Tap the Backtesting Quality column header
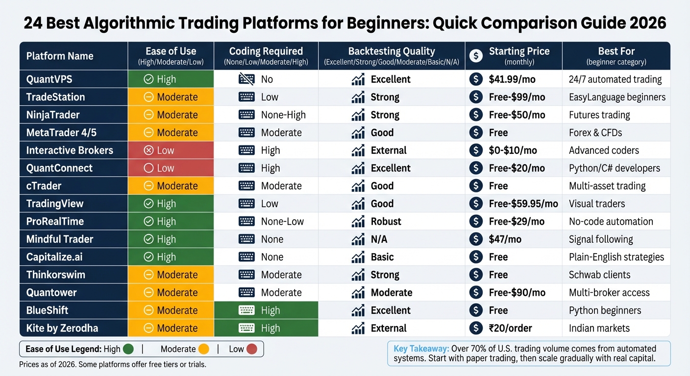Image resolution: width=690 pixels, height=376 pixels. coord(391,51)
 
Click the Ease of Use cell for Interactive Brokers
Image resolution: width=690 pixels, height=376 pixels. coord(171,150)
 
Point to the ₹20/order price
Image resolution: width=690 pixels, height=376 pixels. coord(510,328)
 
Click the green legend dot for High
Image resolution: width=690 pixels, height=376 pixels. coord(128,349)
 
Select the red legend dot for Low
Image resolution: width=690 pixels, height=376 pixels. coord(251,349)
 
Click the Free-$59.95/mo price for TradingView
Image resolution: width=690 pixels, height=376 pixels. coord(523,204)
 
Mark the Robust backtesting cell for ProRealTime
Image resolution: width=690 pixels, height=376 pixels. coord(386,222)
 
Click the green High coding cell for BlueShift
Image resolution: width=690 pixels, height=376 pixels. coord(266,310)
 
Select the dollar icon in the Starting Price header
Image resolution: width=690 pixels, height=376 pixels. coord(475,56)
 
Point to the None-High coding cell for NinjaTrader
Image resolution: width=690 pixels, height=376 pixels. coord(283,115)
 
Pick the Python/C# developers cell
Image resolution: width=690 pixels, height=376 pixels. coord(614,168)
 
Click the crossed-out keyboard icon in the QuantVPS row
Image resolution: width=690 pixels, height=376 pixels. coord(246,79)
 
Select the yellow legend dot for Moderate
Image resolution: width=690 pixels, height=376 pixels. coord(203,349)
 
